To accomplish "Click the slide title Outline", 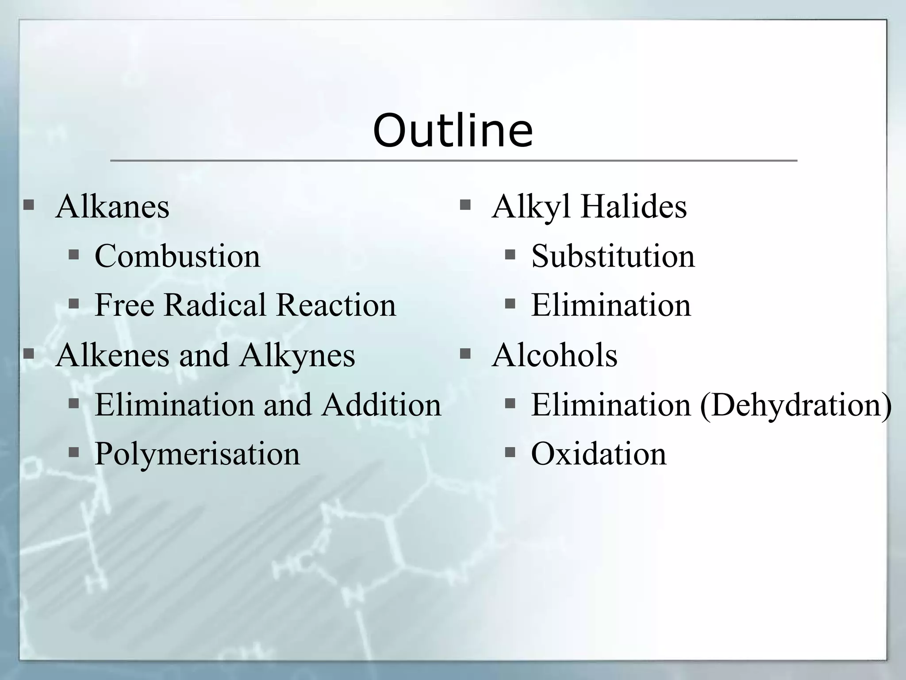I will pos(453,131).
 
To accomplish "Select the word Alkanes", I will pos(112,207).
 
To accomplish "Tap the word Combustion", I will pos(177,256).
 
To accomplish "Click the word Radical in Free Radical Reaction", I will pos(215,305).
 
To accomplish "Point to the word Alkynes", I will pos(297,355).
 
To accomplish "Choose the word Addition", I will pos(381,405).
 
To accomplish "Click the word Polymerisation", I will pos(197,454).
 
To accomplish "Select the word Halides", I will pos(633,207).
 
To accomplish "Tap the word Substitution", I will pos(613,256).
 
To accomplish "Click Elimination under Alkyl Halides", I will pos(610,305).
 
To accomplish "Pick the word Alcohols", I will pos(554,355).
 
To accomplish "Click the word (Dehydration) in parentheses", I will pos(795,405).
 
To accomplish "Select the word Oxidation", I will pos(598,454).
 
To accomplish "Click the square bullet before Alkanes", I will pos(29,205).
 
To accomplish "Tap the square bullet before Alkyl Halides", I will pos(465,205).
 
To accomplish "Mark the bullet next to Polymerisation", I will pos(74,452).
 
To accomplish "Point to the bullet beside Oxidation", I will pos(510,452).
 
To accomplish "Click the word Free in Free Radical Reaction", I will pos(124,305).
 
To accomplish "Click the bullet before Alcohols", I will pos(465,354).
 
